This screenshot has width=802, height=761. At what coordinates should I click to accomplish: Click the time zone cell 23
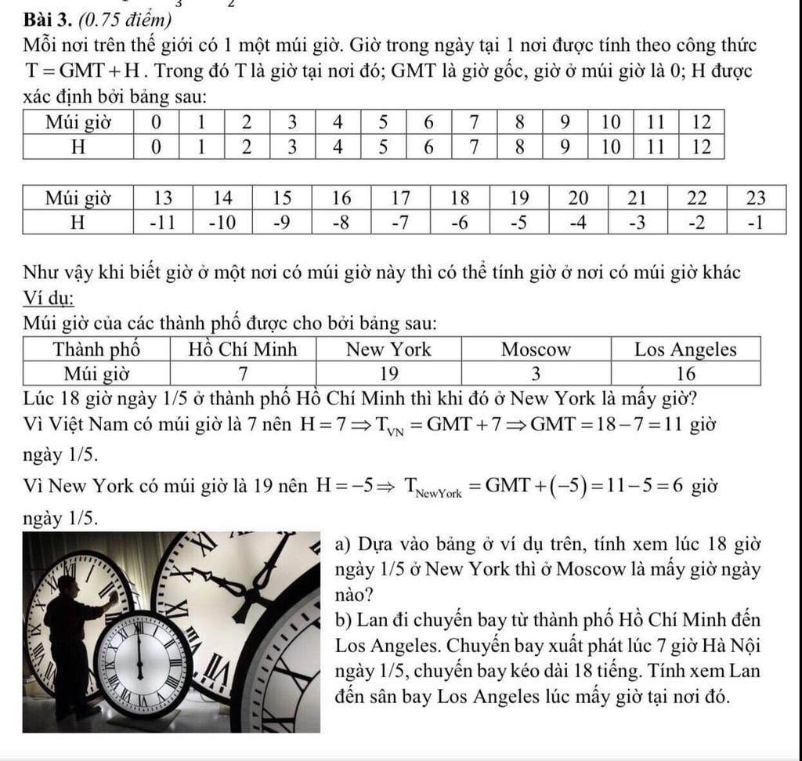pyautogui.click(x=756, y=196)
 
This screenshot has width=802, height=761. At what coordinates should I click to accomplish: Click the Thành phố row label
pyautogui.click(x=96, y=349)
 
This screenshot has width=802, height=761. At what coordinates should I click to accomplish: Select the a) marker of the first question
pyautogui.click(x=343, y=545)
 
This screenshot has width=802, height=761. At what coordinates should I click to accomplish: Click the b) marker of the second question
pyautogui.click(x=343, y=621)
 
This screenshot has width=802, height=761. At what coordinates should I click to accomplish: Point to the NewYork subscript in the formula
pyautogui.click(x=440, y=492)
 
